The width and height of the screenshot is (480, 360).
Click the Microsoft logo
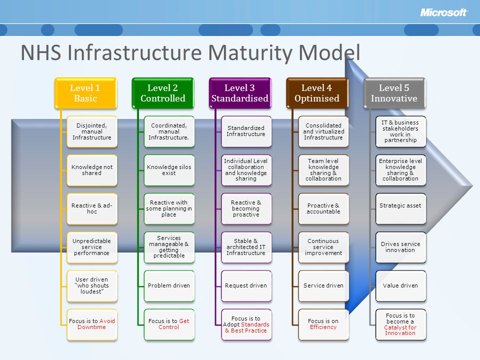pyautogui.click(x=443, y=12)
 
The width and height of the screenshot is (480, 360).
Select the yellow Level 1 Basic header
pyautogui.click(x=85, y=93)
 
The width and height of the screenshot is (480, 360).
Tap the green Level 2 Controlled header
pyautogui.click(x=163, y=93)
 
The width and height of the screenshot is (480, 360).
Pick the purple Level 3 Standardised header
pyautogui.click(x=240, y=93)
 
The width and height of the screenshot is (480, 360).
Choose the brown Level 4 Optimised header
pyautogui.click(x=317, y=93)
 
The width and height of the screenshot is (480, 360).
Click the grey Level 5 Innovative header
pyautogui.click(x=394, y=93)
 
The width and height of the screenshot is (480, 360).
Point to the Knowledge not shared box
pyautogui.click(x=92, y=170)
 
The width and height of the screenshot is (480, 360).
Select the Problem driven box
pyautogui.click(x=169, y=286)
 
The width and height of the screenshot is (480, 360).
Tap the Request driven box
pyautogui.click(x=246, y=286)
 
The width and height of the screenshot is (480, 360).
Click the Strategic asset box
pyautogui.click(x=400, y=209)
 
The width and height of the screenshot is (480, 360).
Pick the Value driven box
pyautogui.click(x=400, y=286)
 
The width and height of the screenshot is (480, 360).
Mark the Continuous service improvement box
pyautogui.click(x=323, y=247)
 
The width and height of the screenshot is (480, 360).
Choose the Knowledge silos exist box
pyautogui.click(x=169, y=170)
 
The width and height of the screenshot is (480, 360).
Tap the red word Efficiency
pyautogui.click(x=323, y=327)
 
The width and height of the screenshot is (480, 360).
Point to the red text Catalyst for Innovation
pyautogui.click(x=400, y=330)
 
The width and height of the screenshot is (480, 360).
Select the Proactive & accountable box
pyautogui.click(x=323, y=209)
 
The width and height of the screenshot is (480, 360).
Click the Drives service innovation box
pyautogui.click(x=400, y=247)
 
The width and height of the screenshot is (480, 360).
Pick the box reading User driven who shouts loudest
pyautogui.click(x=92, y=286)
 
